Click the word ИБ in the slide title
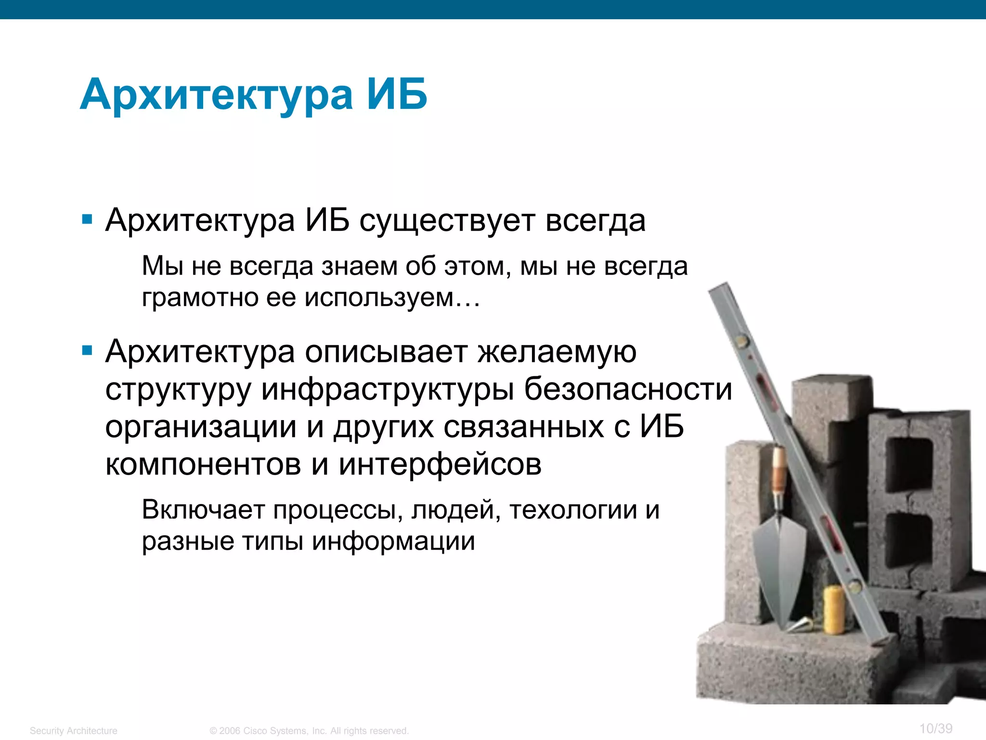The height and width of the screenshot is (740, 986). [x=397, y=94]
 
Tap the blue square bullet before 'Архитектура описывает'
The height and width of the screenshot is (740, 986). [x=87, y=350]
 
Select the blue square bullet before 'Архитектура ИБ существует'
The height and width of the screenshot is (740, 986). [x=87, y=220]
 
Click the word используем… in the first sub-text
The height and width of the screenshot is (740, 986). [x=392, y=298]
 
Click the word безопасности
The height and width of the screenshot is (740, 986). [x=628, y=389]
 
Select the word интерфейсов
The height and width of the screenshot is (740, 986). [x=440, y=464]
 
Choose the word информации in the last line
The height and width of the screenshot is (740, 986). [x=393, y=541]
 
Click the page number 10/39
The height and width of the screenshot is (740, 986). [x=935, y=728]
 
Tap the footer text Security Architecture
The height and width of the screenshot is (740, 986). [x=74, y=731]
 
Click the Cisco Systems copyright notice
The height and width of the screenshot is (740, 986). [x=309, y=731]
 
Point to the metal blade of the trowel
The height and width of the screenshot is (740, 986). [x=779, y=559]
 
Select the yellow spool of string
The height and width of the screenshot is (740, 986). [x=833, y=609]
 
